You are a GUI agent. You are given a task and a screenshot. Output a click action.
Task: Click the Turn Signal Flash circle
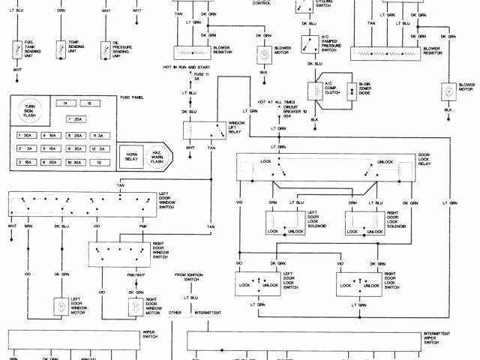(30, 111)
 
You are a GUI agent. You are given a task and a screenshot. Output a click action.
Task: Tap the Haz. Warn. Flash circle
(157, 155)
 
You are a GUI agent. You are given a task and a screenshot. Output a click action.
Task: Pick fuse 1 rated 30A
(25, 136)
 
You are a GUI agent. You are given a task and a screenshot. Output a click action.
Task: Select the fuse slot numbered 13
(97, 162)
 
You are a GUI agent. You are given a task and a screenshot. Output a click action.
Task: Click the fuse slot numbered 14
(66, 102)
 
